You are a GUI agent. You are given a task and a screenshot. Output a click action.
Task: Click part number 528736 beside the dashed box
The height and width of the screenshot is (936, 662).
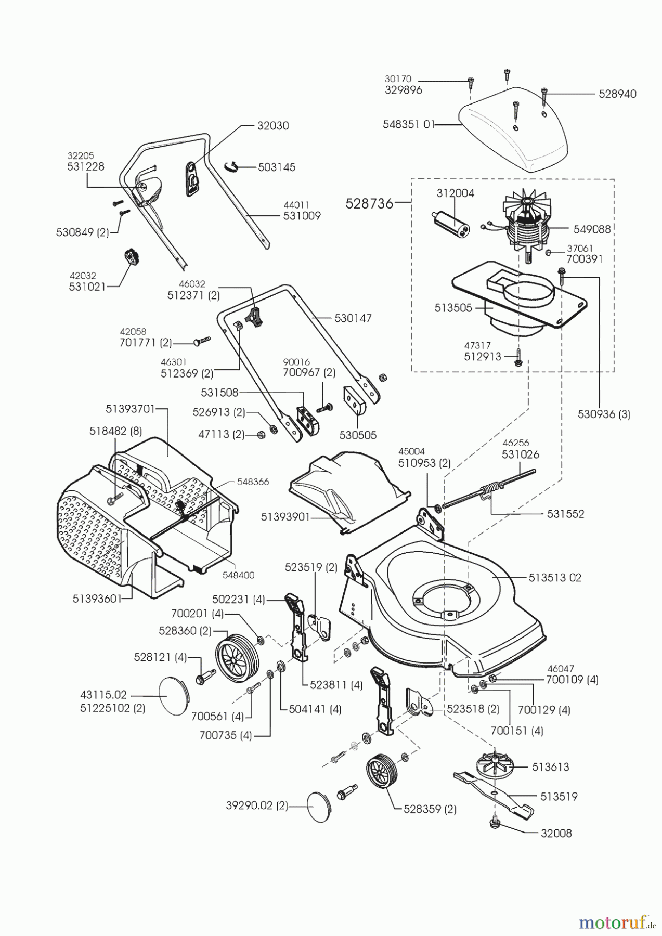[369, 203]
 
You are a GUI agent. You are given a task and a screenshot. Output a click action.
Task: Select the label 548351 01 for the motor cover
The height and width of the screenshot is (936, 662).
[408, 125]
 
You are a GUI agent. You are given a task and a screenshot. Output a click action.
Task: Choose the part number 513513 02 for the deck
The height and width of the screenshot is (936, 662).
[555, 577]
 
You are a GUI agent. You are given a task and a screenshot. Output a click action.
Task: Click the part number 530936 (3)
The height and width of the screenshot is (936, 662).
[604, 414]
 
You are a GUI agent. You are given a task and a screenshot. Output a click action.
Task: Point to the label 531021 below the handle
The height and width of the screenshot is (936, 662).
[86, 287]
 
